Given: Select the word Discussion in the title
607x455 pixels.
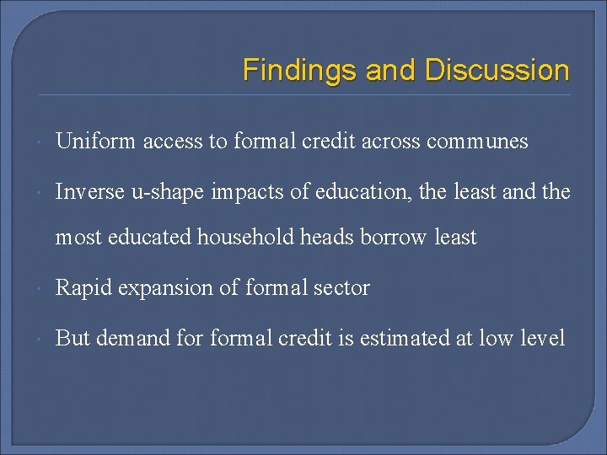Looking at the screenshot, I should pos(497,70).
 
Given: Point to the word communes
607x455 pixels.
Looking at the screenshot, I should pos(477,142).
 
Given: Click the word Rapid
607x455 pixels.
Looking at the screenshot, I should pos(84,288).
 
